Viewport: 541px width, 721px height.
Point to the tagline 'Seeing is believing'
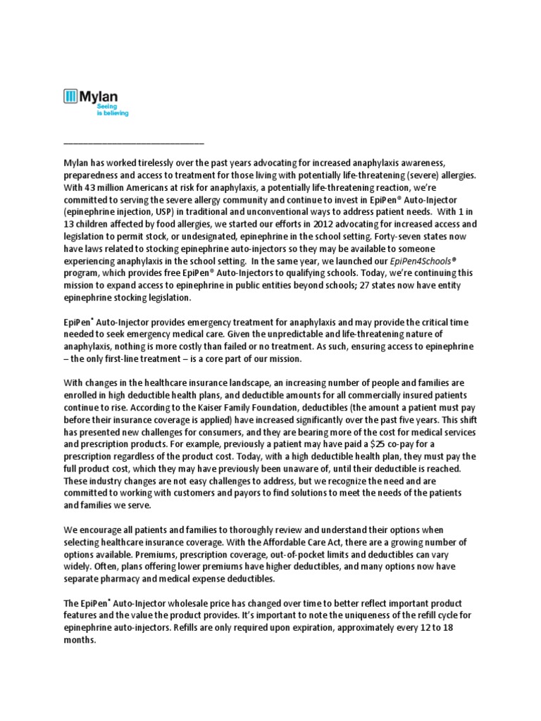point(112,110)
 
